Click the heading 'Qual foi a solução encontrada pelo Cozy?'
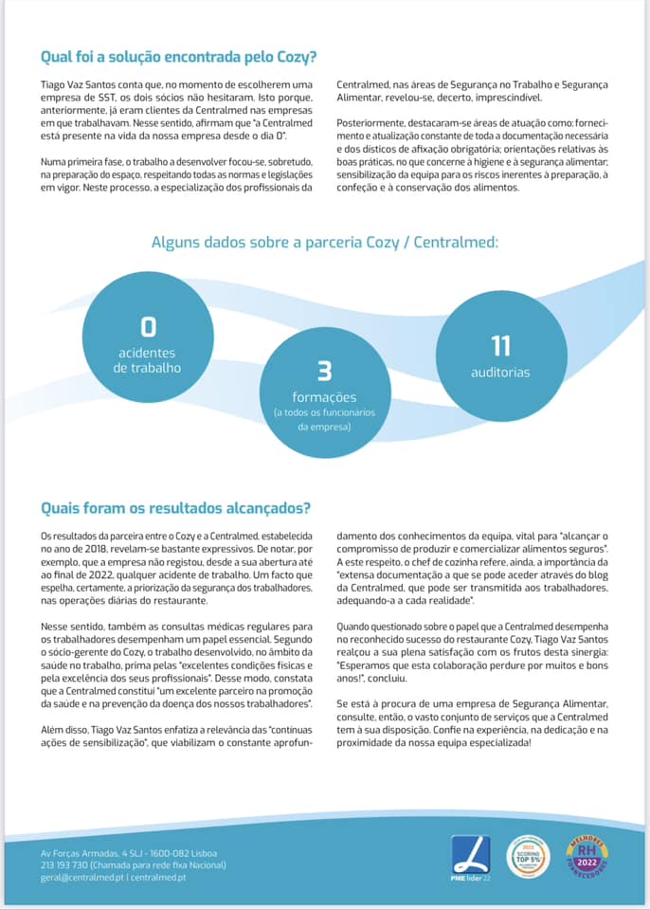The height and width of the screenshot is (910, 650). [178, 56]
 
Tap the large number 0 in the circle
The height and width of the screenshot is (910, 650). [148, 328]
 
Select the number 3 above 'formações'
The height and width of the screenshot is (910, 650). [324, 371]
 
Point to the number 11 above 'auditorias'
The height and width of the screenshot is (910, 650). [500, 346]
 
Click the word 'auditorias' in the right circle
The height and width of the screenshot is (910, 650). [500, 373]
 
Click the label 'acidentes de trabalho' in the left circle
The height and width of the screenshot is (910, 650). [147, 360]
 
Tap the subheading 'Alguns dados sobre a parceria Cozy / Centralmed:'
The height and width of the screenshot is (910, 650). [325, 242]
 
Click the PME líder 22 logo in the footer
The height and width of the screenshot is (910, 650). [470, 857]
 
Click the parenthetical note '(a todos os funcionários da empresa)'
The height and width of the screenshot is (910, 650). [324, 420]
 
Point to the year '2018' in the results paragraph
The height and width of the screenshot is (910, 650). [86, 548]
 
